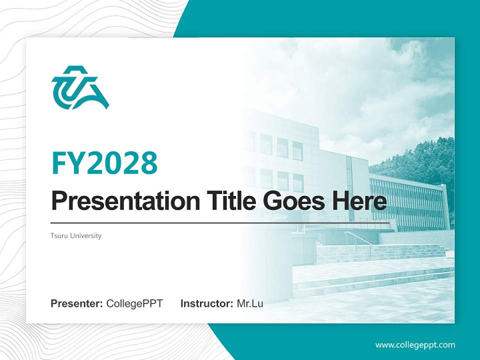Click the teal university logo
80,87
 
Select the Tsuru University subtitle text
76,235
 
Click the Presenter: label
77,303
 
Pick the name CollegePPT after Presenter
134,303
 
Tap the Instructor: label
206,303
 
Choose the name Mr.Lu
250,303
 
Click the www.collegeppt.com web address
415,344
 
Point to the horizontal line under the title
220,222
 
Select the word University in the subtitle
85,235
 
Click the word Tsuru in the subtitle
59,235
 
